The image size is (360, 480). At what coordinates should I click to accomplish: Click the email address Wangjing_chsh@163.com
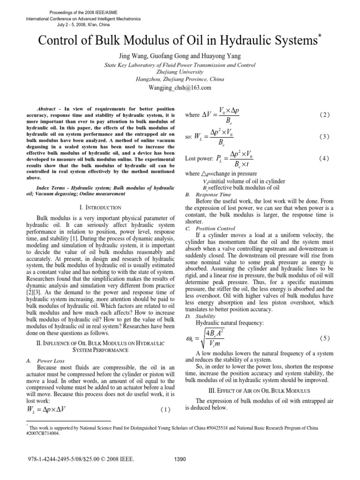tap(180, 87)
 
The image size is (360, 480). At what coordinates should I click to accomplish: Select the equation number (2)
tap(324, 115)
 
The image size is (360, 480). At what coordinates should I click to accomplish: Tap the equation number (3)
tap(324, 137)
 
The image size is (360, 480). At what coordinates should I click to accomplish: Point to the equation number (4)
tap(324, 159)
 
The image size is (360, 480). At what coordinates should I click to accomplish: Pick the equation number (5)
tap(324, 338)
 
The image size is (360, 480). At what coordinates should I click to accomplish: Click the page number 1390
tap(180, 459)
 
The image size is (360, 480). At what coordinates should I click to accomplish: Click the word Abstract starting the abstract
tap(46, 108)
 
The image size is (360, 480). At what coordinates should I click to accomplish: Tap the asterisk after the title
tap(320, 36)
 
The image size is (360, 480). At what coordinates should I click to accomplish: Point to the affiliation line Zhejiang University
tap(180, 72)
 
